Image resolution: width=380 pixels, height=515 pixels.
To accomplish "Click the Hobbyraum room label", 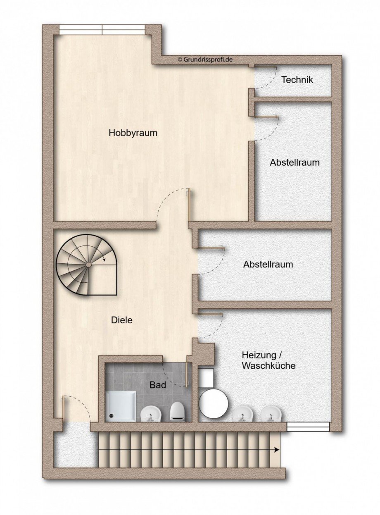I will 133,133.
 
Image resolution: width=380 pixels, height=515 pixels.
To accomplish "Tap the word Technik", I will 297,80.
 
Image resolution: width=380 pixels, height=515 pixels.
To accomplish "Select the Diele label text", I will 122,319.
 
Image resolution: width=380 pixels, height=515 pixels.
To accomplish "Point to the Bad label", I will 158,385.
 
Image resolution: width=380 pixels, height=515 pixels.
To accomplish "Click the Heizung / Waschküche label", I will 268,360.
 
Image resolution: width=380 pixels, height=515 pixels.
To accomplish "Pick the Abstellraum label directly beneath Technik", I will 294,162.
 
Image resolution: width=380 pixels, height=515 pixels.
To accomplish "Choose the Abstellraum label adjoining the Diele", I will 268,264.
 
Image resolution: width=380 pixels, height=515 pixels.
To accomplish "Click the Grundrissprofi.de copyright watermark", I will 205,59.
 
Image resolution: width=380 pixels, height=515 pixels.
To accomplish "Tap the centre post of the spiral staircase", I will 88,264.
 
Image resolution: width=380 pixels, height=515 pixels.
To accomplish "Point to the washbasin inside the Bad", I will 151,413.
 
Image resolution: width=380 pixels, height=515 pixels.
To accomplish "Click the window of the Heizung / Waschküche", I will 308,426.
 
